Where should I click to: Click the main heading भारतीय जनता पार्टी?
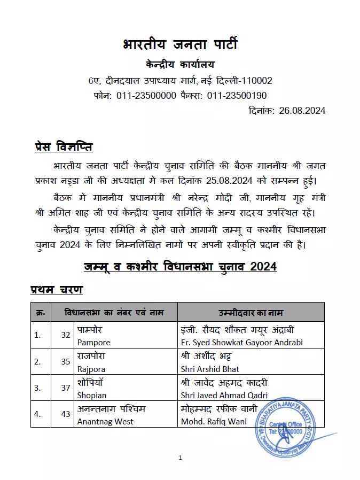(180, 45)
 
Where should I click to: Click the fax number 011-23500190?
(237, 96)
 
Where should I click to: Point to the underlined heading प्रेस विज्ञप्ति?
(64, 146)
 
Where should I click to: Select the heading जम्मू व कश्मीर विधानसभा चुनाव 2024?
(180, 266)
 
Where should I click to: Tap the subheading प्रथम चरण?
(56, 290)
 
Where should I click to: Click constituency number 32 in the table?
(66, 335)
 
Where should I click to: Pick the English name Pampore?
(93, 342)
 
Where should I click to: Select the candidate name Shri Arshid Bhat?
(210, 369)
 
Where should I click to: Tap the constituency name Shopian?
(92, 396)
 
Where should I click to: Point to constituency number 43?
(66, 415)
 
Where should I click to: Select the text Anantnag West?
(105, 422)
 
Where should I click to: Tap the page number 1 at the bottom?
(181, 458)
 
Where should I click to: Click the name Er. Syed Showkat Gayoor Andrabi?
(241, 342)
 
